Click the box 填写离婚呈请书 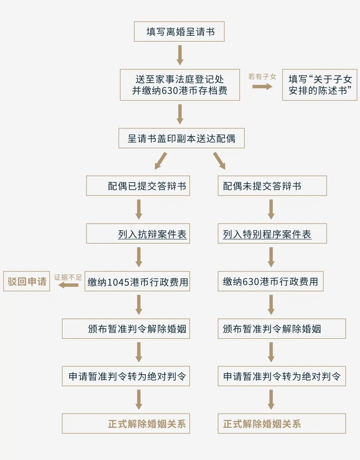(x=179, y=32)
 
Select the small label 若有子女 (x=262, y=76)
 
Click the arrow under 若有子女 (x=262, y=86)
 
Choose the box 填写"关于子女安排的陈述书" (x=320, y=85)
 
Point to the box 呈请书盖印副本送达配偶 (x=181, y=138)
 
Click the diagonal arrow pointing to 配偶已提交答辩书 (x=161, y=161)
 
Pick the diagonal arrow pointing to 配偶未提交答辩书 (x=219, y=161)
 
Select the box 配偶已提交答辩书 (x=138, y=186)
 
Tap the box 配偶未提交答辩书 (x=272, y=186)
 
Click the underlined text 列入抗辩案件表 (x=152, y=235)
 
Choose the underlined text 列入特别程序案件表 (x=267, y=235)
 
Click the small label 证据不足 (x=68, y=277)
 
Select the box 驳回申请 (x=26, y=281)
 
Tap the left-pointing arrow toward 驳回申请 (x=68, y=285)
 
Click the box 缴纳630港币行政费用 (x=271, y=281)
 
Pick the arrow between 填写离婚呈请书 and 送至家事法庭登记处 (x=180, y=55)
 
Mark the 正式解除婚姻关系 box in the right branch (x=282, y=423)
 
